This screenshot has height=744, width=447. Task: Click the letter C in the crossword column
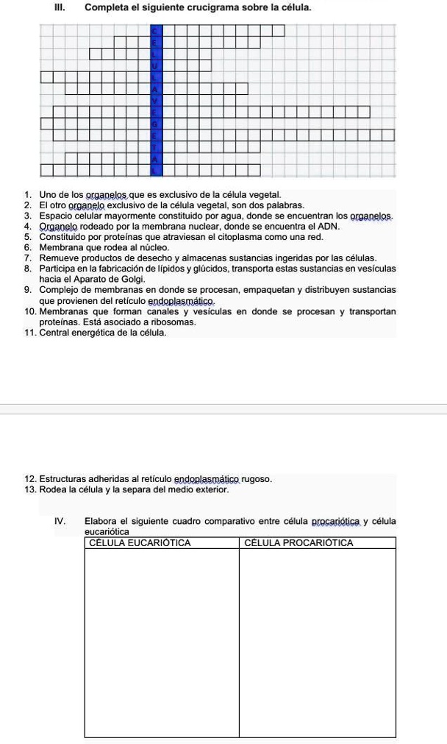click(155, 30)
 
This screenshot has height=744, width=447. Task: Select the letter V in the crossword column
click(155, 99)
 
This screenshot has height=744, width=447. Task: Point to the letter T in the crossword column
click(155, 146)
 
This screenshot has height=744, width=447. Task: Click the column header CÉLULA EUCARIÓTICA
click(140, 543)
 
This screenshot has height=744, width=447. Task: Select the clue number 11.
click(29, 333)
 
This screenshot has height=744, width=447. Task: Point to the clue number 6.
click(27, 247)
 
